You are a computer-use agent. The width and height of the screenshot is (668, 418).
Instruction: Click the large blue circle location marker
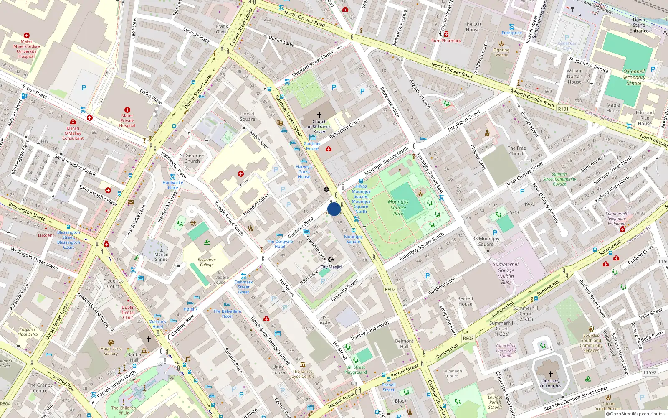point(334,209)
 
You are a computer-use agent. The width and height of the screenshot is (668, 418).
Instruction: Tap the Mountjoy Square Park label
point(398,207)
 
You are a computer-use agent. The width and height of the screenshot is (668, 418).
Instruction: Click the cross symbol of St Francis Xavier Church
point(319,115)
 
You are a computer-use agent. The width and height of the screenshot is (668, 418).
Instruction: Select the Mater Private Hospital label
point(127,120)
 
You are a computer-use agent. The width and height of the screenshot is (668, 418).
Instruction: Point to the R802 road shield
point(390,289)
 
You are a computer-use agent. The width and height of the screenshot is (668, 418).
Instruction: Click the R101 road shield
point(563,109)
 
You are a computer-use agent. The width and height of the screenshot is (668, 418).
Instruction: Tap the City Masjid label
point(331,267)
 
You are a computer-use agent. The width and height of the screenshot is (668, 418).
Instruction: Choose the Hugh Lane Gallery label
point(111,351)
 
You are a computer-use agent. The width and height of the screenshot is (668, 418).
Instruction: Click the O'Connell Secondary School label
point(634,77)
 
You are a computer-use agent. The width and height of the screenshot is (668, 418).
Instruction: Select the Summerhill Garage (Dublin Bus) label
point(506,273)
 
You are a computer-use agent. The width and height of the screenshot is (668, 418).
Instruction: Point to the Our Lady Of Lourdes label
point(550,383)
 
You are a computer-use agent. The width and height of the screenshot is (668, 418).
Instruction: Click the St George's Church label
point(192,158)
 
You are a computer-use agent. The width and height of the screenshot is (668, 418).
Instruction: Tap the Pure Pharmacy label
point(446,41)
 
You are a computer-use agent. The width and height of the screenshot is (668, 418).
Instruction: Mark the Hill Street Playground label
point(356,370)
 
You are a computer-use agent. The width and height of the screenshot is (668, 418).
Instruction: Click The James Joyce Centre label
point(303,374)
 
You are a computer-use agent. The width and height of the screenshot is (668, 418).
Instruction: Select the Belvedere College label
point(207,262)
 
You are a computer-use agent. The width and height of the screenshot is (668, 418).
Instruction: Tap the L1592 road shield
point(650,372)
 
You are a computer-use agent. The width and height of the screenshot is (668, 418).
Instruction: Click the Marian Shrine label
point(161,257)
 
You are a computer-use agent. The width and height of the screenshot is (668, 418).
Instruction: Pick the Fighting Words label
point(501,52)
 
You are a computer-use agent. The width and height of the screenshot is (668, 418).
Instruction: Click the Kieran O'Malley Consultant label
point(73,133)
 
